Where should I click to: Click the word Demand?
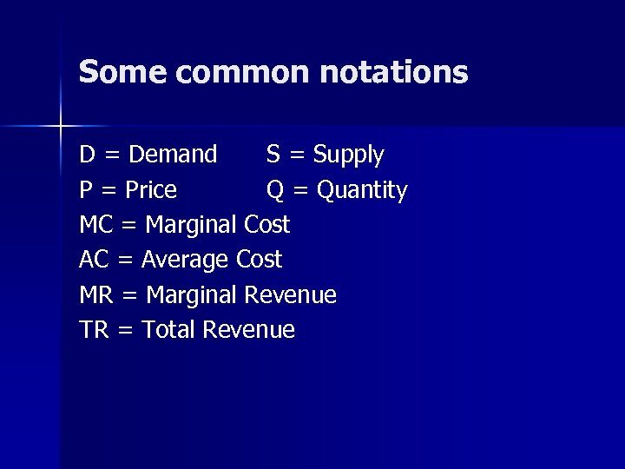[173, 155]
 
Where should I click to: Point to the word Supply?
[348, 155]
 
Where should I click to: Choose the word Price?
[151, 189]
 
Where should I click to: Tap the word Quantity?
[362, 190]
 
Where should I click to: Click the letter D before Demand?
[87, 155]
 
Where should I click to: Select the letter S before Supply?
[273, 155]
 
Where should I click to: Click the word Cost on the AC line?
[260, 260]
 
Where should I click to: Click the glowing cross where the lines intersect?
[61, 127]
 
